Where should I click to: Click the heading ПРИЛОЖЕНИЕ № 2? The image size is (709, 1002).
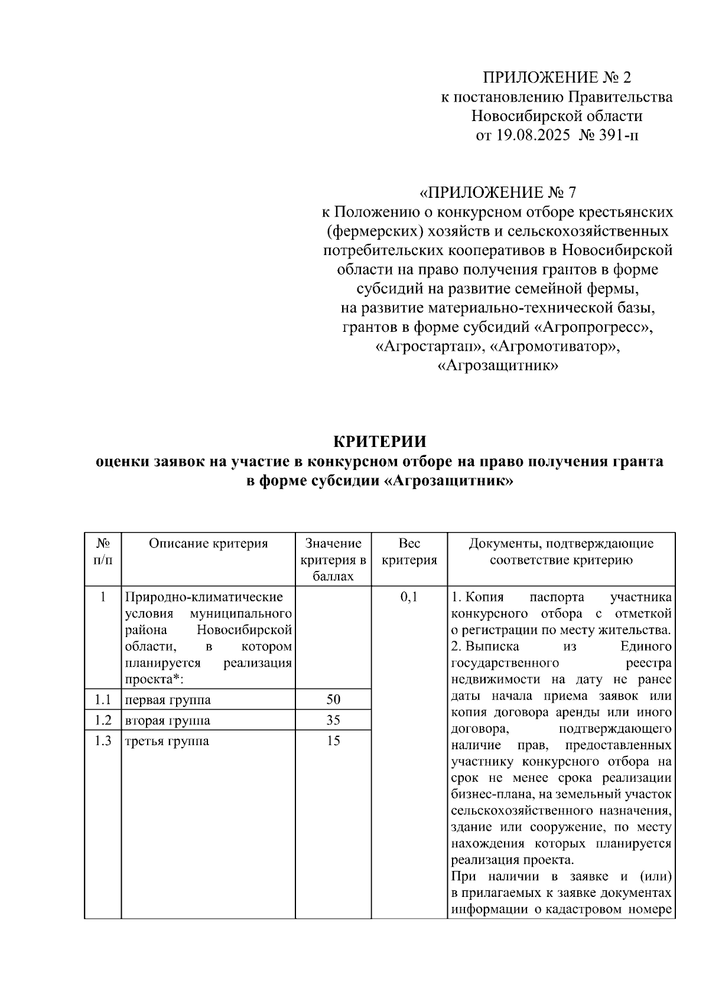557,77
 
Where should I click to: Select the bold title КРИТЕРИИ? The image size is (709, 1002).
379,442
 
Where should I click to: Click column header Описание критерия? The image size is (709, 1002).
208,544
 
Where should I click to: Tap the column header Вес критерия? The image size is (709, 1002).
409,551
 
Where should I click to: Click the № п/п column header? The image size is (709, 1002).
103,551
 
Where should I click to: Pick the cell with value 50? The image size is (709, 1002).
333,700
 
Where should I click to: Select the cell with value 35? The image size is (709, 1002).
333,720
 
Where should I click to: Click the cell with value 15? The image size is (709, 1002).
333,740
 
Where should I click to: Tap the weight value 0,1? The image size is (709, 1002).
409,597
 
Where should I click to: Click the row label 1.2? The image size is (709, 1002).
103,720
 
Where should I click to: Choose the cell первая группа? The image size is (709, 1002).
168,700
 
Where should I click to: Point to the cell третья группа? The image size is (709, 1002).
167,741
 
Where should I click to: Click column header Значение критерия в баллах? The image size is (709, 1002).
333,559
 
